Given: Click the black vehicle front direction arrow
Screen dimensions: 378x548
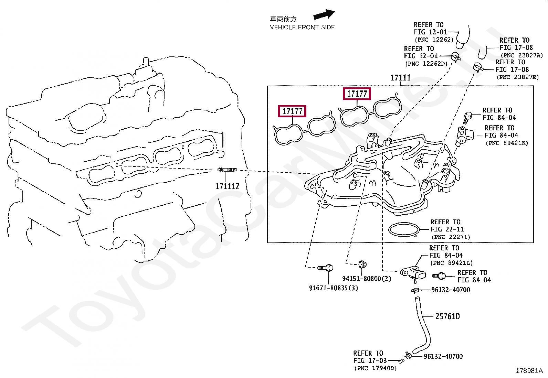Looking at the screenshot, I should tap(324, 15).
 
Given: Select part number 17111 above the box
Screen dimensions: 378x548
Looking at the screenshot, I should tap(400, 78).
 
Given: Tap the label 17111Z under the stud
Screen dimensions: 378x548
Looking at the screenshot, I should tap(227, 186).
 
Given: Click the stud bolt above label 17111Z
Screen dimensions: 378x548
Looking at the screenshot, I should tap(227, 170).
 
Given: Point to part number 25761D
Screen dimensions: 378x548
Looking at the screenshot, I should tap(447, 316).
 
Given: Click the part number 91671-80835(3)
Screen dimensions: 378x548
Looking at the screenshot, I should tap(333, 288).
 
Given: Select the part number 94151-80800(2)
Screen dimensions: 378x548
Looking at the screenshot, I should tap(367, 279).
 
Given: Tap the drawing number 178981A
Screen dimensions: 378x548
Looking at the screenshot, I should tap(529, 371).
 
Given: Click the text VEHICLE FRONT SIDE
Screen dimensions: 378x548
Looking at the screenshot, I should tap(302, 27).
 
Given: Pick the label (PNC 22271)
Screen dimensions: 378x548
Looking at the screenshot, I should tap(451, 237).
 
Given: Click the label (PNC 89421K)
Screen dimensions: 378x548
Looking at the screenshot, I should tap(507, 143).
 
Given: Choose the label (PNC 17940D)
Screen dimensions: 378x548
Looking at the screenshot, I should tap(376, 368).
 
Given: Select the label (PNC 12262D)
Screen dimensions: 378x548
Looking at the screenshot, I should tap(426, 64).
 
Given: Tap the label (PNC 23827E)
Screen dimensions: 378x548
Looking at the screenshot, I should tap(518, 77).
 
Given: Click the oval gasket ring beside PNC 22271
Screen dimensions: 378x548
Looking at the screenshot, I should tap(404, 229).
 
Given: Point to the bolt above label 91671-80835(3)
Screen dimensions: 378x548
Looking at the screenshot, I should tap(325, 268).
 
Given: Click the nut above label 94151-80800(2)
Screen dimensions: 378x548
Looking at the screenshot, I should tap(362, 264).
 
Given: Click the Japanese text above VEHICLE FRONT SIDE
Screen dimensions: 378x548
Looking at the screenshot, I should tap(283, 19).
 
